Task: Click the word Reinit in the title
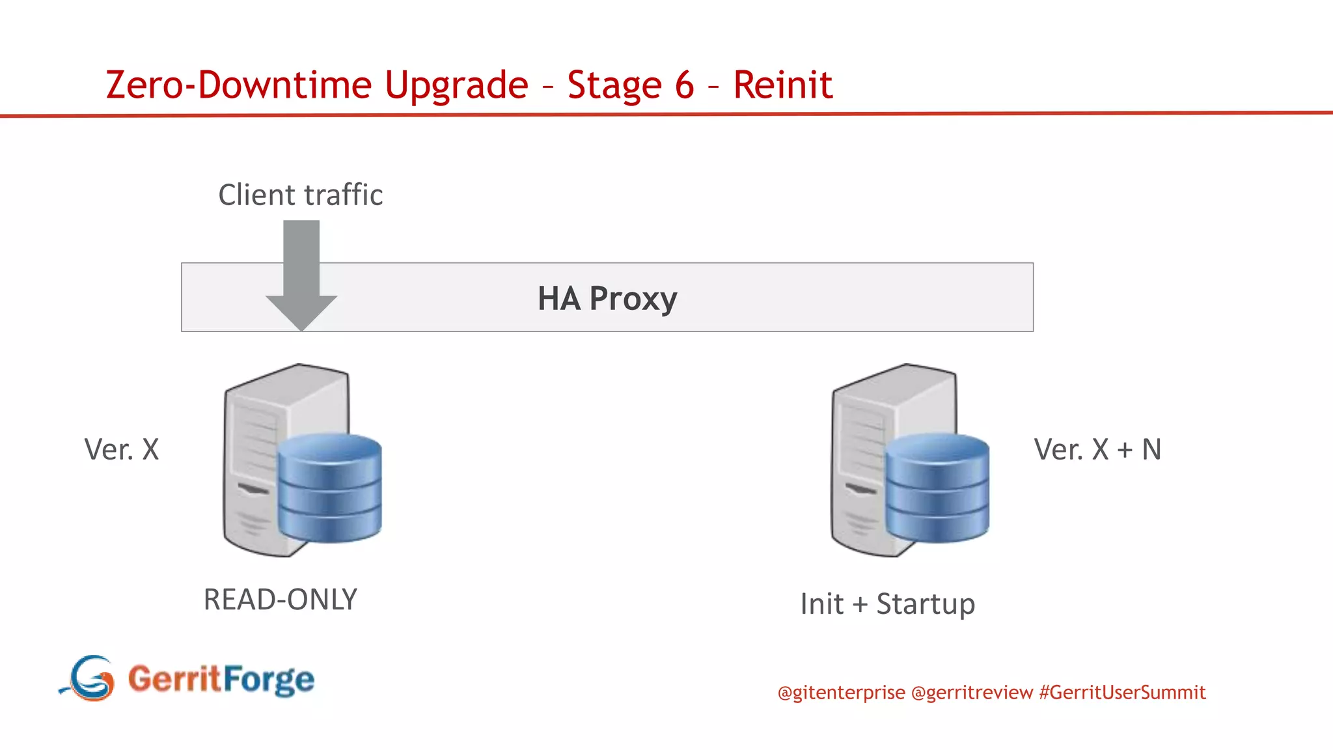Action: pyautogui.click(x=782, y=85)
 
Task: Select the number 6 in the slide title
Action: pyautogui.click(x=684, y=85)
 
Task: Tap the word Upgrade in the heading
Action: pyautogui.click(x=456, y=85)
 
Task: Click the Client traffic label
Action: pyautogui.click(x=300, y=195)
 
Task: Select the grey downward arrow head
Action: pyautogui.click(x=301, y=311)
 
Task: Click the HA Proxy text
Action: pyautogui.click(x=607, y=299)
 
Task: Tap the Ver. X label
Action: pyautogui.click(x=122, y=449)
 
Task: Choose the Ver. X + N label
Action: pyautogui.click(x=1097, y=449)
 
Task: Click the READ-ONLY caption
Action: pyautogui.click(x=281, y=600)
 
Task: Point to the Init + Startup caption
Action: pyautogui.click(x=887, y=604)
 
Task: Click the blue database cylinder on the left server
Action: pyautogui.click(x=329, y=488)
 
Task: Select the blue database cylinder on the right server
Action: pyautogui.click(x=937, y=488)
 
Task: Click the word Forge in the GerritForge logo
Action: pyautogui.click(x=269, y=680)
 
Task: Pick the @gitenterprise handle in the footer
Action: pyautogui.click(x=841, y=693)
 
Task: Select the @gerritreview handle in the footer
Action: pyautogui.click(x=972, y=693)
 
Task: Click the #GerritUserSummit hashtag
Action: pyautogui.click(x=1122, y=693)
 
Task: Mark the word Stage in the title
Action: pyautogui.click(x=614, y=85)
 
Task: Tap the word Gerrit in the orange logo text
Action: pyautogui.click(x=174, y=678)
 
